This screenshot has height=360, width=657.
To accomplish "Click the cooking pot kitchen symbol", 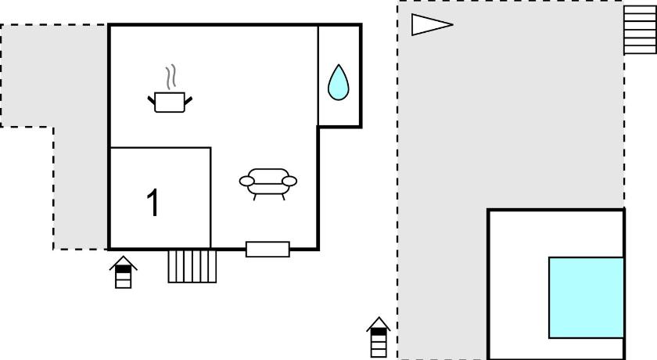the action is (170, 102).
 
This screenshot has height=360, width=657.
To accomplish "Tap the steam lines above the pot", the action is (171, 77).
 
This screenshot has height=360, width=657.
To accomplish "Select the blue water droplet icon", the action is (338, 82).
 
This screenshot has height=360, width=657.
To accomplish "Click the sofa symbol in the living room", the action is (268, 184).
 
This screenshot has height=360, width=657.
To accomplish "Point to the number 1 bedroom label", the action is (154, 202).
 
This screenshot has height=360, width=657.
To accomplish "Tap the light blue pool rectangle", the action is (587, 297).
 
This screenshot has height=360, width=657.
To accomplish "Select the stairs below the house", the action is (192, 267).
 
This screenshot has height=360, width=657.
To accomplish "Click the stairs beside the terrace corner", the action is (640, 30).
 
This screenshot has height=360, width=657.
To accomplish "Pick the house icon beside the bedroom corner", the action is (124, 272).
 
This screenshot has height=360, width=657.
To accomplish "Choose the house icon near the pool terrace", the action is (379, 337).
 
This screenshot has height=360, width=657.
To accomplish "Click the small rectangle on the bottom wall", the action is (267, 250).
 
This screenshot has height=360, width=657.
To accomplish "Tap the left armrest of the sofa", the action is (247, 181).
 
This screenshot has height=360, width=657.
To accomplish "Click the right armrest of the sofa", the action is (289, 181).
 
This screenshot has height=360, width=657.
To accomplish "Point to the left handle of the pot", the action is (151, 100).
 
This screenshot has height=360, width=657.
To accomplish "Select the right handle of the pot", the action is (188, 101).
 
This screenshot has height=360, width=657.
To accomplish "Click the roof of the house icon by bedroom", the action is (124, 262).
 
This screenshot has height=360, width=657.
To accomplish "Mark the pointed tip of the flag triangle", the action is (453, 25).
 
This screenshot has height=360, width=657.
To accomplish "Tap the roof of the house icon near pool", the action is (379, 323).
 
